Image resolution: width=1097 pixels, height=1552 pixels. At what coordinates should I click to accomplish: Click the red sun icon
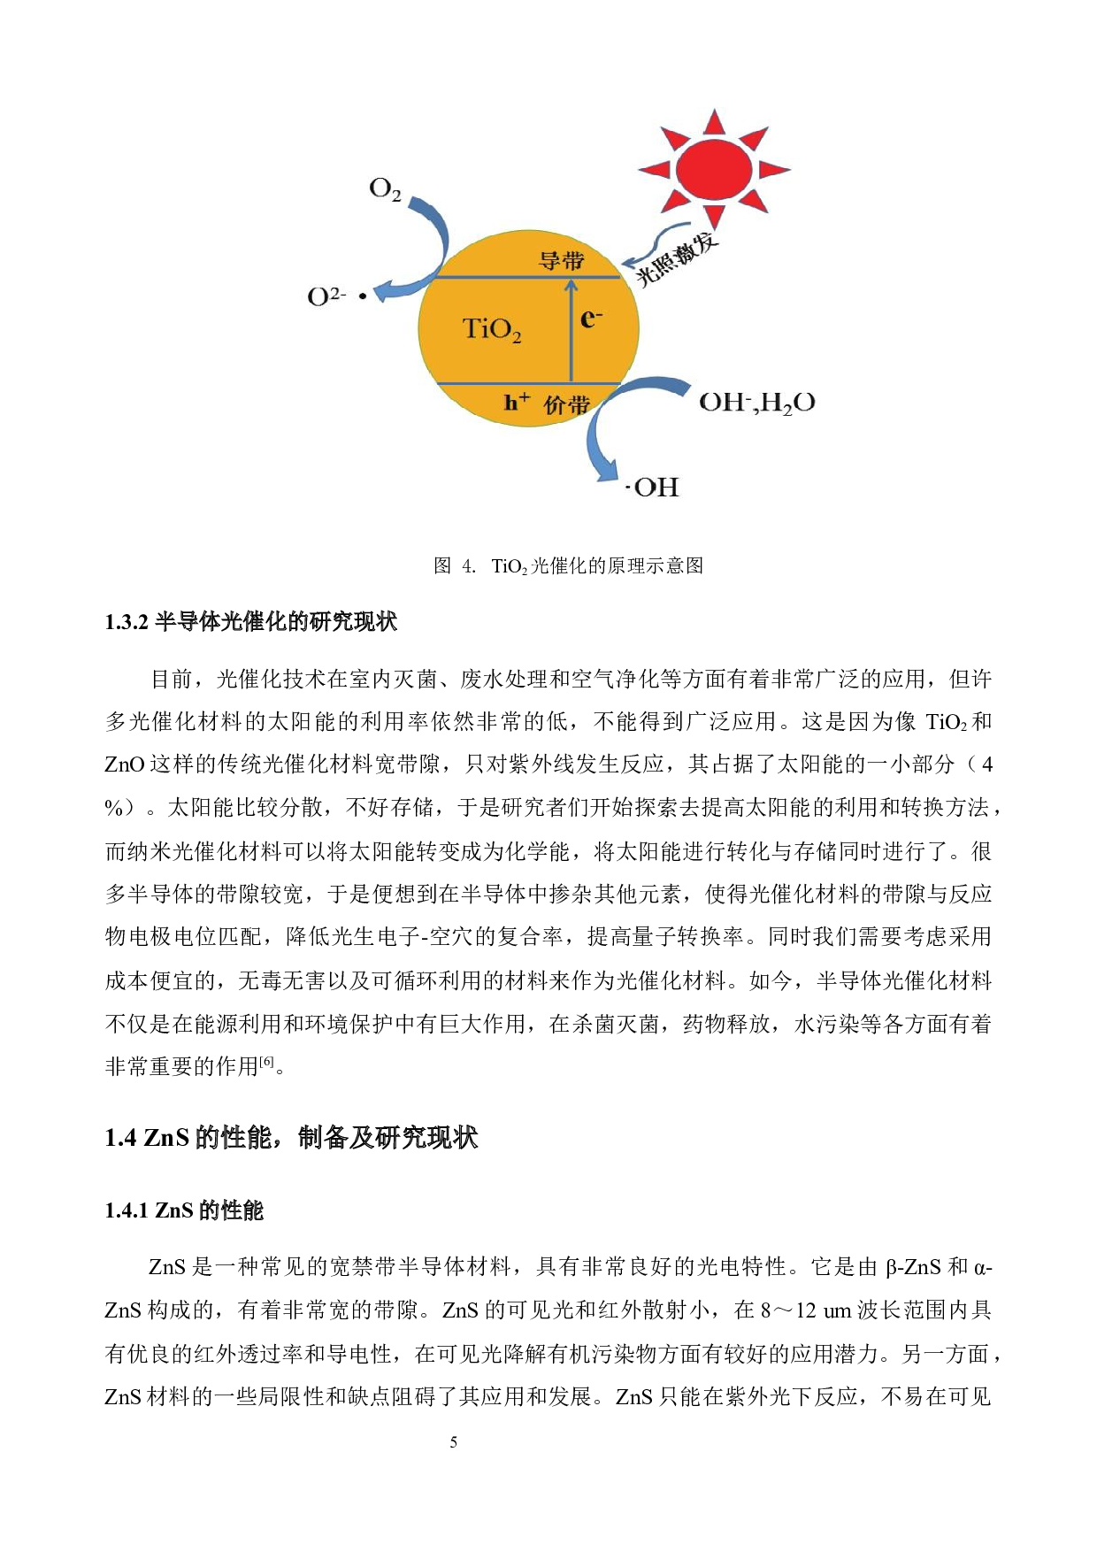[x=713, y=169]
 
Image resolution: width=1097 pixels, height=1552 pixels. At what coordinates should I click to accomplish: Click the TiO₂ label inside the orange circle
[x=492, y=329]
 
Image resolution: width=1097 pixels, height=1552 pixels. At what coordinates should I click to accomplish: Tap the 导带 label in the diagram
[x=562, y=261]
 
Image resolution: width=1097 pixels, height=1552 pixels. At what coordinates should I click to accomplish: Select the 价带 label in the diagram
[x=566, y=405]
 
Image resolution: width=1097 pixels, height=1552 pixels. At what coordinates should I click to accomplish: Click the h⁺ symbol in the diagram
[x=517, y=403]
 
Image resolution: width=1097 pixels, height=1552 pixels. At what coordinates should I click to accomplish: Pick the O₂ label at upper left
[x=385, y=189]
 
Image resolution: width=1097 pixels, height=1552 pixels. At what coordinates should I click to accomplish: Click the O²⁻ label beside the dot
[x=326, y=296]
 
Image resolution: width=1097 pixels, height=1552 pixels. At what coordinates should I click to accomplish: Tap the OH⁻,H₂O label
[x=757, y=403]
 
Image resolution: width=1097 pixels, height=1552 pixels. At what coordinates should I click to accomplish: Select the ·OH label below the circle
[x=653, y=488]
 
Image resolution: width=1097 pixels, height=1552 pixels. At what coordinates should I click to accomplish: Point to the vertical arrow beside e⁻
[x=572, y=331]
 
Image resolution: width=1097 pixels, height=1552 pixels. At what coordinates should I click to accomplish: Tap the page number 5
[x=454, y=1442]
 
